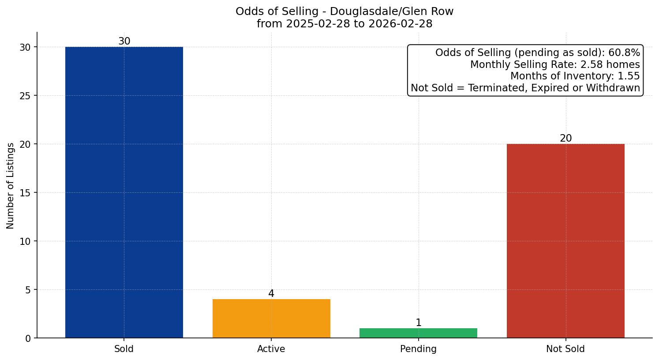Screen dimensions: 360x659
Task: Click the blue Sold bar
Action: pos(124,192)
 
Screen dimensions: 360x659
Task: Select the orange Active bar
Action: pos(271,319)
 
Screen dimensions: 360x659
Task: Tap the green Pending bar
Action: pos(418,333)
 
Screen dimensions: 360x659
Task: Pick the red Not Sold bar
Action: pos(565,241)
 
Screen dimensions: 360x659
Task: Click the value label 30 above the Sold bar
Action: pos(124,41)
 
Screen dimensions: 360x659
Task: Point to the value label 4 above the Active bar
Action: pos(271,294)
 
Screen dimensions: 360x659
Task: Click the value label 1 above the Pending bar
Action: pos(418,323)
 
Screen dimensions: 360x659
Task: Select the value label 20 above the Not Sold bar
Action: pos(565,139)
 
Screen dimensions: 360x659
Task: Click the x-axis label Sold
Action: pos(124,349)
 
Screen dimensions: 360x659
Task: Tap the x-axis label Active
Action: pos(271,349)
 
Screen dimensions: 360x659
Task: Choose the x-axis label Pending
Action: pos(418,349)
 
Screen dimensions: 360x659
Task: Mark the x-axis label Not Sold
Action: pos(565,349)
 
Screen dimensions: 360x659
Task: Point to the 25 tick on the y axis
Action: pos(25,96)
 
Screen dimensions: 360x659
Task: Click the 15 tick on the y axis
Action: pos(25,193)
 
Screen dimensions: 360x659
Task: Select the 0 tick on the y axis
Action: pos(28,338)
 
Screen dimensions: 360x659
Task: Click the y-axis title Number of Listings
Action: pos(11,185)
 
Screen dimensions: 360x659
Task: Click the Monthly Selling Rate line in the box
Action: pos(554,65)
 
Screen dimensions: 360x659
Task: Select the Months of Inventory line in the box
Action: pos(574,76)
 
